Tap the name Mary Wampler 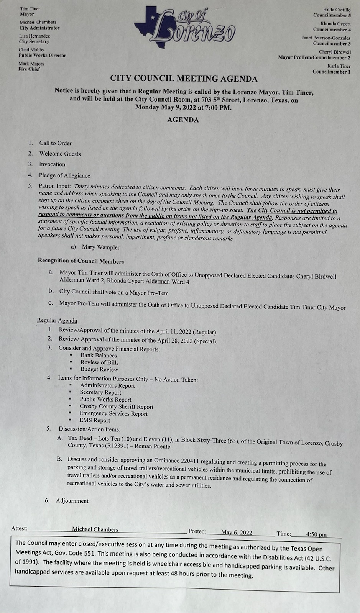coord(100,247)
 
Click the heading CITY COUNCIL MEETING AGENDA coord(184,79)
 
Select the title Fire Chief coord(29,69)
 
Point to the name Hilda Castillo coord(337,10)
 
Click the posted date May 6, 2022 coord(237,533)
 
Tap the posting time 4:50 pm coord(316,534)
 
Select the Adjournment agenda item coord(72,501)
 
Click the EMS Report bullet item coord(95,420)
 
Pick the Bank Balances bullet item coord(99,355)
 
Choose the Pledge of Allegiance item coord(64,175)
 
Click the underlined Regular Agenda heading coord(57,320)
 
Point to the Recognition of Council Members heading coord(81,261)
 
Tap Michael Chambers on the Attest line coord(95,529)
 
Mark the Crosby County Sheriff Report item coord(116,407)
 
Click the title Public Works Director coord(42,56)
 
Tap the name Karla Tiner coord(339,66)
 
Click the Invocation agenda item coord(52,164)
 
